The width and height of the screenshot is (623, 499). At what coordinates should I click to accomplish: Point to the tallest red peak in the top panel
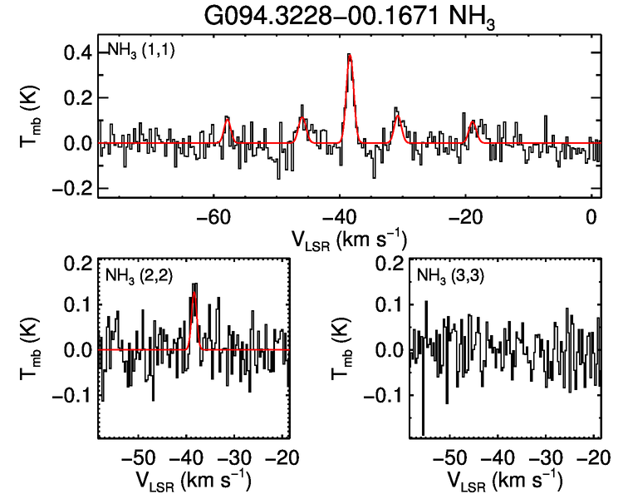(350, 55)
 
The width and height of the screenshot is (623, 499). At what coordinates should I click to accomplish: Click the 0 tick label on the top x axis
(591, 217)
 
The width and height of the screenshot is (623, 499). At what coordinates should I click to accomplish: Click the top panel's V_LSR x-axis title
(348, 240)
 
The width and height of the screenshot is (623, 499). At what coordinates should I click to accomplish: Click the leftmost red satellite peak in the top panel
(226, 118)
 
